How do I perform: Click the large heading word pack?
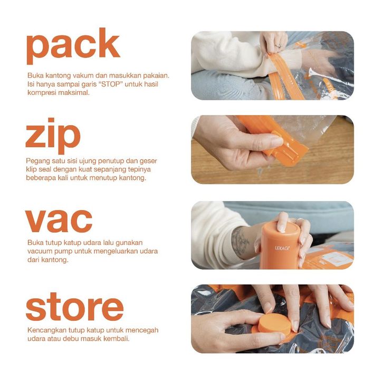(x=73, y=46)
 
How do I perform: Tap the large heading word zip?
(x=53, y=136)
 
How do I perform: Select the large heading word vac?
(x=59, y=221)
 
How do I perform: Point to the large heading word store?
(x=74, y=307)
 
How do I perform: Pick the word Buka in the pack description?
(x=35, y=75)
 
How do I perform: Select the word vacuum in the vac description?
(x=40, y=251)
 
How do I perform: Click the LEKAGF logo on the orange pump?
(x=282, y=248)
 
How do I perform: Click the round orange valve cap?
(x=275, y=323)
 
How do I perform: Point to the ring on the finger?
(x=278, y=46)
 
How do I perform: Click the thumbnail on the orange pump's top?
(x=281, y=228)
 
